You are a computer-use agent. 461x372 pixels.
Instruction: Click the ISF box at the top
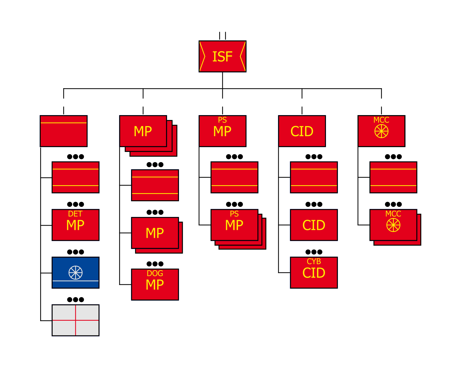222,56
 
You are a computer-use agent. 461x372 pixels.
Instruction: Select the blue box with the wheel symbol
76,272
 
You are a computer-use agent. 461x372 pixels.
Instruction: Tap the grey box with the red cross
76,320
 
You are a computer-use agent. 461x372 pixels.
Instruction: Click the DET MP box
76,225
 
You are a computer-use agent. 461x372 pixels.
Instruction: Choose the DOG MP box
155,284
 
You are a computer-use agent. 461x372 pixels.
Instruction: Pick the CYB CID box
314,272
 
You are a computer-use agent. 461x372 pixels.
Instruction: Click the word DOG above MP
155,273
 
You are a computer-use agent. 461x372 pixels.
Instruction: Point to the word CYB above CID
314,261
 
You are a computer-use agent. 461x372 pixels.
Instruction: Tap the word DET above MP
75,214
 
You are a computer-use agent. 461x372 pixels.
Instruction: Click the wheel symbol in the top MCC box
381,131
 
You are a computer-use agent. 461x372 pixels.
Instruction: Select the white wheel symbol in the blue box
76,272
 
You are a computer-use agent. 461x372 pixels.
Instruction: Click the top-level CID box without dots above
302,131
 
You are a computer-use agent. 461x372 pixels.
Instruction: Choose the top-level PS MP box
222,131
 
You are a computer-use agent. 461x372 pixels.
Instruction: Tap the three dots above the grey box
76,300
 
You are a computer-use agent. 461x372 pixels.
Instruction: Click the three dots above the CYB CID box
314,252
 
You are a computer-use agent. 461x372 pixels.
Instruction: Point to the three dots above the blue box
76,252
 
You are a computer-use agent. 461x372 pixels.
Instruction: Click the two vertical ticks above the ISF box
222,36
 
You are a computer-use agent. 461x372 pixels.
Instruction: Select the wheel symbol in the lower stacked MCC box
393,225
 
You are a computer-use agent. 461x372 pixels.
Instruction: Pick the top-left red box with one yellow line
64,131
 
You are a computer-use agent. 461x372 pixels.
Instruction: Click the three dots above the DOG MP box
155,264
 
